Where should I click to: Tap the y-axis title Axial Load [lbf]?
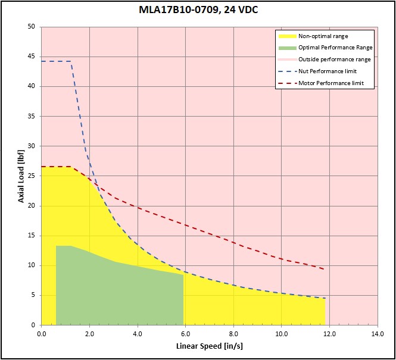point(21,176)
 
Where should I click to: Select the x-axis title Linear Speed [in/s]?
point(208,346)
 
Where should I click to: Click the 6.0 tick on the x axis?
point(185,333)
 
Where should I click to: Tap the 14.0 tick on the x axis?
point(377,333)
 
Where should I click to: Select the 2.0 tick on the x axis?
point(89,333)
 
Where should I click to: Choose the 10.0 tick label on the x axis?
point(281,333)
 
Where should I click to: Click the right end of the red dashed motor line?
point(325,270)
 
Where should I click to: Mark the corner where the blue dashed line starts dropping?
point(71,61)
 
